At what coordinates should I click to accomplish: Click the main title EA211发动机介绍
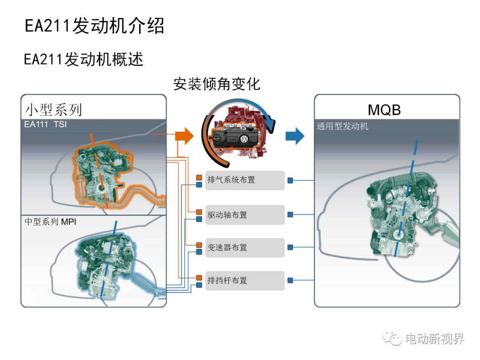click(94, 26)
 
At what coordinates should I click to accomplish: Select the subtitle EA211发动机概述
click(84, 59)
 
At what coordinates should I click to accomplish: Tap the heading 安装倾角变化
click(217, 84)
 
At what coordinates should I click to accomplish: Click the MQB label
click(384, 110)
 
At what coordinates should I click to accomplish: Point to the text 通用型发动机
click(342, 126)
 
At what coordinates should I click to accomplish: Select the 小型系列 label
click(53, 110)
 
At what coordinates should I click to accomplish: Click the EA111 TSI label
click(45, 124)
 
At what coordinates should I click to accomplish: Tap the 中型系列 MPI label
click(50, 222)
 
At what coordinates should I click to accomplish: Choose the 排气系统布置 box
click(245, 180)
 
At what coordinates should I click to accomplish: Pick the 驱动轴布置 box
click(245, 215)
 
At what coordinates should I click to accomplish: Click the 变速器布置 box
click(245, 248)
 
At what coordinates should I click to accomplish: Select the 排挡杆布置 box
click(245, 280)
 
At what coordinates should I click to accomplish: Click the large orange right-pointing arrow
click(184, 136)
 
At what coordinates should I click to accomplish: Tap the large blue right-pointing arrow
click(295, 136)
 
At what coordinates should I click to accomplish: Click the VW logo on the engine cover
click(244, 139)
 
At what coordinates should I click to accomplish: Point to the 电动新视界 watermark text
click(435, 339)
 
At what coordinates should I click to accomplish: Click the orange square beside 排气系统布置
click(199, 177)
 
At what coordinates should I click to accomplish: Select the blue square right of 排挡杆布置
click(290, 280)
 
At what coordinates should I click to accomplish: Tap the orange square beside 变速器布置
click(199, 245)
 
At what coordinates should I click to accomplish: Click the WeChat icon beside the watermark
click(392, 338)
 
